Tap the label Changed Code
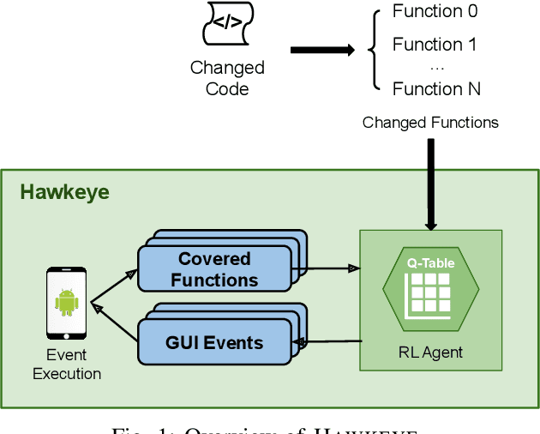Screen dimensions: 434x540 click(x=227, y=77)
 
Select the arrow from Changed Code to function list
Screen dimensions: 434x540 click(x=321, y=50)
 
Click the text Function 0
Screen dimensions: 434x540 click(x=435, y=12)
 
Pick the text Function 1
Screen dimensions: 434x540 click(x=435, y=45)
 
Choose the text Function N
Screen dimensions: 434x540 click(x=436, y=89)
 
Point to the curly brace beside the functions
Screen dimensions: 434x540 click(x=374, y=50)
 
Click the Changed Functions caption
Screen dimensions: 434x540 click(x=430, y=123)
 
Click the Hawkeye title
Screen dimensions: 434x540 click(x=65, y=192)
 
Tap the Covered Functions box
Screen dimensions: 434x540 click(x=214, y=269)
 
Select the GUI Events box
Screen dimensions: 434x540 click(x=214, y=342)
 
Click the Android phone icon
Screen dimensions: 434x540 click(x=66, y=304)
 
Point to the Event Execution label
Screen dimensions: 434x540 click(x=67, y=365)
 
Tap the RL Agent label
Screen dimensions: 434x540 click(x=430, y=351)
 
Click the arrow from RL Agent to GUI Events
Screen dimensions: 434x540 click(x=330, y=342)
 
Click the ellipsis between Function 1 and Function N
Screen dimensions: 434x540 click(x=435, y=67)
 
